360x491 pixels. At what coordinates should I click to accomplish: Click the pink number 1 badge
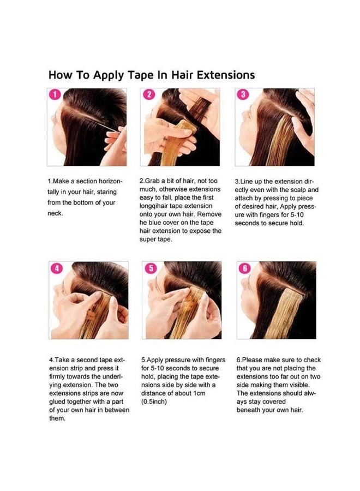[x=56, y=94]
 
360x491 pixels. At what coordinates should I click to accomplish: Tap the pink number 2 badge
[x=149, y=94]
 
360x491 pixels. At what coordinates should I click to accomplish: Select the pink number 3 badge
[x=243, y=94]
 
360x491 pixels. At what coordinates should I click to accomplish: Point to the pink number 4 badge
[x=57, y=268]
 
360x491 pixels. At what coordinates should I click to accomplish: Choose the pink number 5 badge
[x=151, y=268]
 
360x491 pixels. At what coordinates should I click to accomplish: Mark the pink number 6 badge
[x=245, y=268]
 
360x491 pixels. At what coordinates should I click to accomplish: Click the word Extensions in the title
[x=226, y=75]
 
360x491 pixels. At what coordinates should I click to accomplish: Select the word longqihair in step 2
[x=153, y=206]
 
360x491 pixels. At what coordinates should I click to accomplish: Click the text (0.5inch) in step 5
[x=154, y=402]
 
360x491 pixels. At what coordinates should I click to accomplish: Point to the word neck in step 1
[x=55, y=213]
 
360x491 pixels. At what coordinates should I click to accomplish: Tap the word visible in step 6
[x=299, y=385]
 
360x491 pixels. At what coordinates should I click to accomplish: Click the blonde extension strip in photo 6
[x=283, y=313]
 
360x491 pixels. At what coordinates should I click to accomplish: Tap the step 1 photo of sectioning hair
[x=87, y=127]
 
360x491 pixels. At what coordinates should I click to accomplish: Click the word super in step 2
[x=147, y=239]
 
